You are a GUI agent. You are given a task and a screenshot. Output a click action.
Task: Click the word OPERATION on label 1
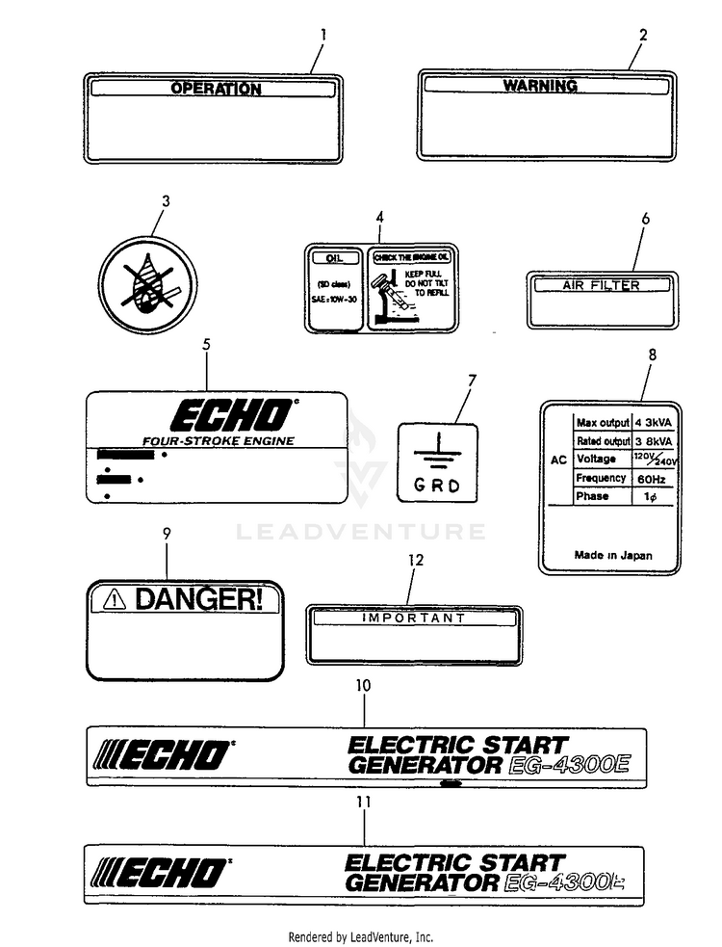(216, 89)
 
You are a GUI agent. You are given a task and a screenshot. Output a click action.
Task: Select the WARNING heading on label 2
(540, 86)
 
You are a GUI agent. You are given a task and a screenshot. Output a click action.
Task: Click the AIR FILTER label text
(601, 285)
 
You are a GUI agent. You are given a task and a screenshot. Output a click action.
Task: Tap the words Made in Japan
(612, 555)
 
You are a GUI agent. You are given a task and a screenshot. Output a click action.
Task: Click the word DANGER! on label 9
(197, 599)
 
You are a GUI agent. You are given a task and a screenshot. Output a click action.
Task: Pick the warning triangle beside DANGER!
(116, 600)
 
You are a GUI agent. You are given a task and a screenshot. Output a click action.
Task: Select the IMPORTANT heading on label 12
(413, 618)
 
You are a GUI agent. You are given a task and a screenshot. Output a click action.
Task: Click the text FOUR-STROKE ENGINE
(219, 441)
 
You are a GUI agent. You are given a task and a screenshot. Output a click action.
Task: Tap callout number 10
(363, 685)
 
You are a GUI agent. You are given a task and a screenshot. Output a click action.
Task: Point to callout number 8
(652, 355)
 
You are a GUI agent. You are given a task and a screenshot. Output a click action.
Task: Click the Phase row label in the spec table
(591, 496)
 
